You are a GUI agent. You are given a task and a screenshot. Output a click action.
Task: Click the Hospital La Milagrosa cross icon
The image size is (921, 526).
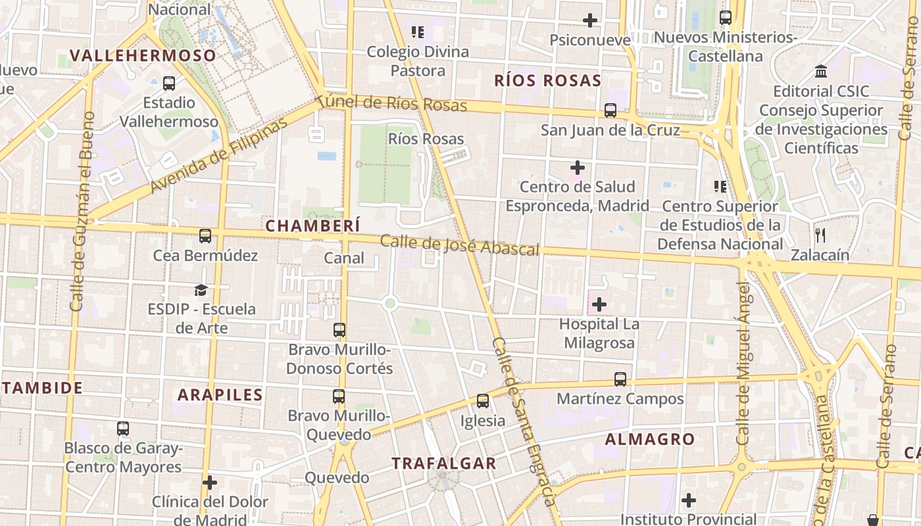click(x=599, y=304)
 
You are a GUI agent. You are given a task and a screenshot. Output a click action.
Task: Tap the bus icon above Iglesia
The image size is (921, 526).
click(x=483, y=400)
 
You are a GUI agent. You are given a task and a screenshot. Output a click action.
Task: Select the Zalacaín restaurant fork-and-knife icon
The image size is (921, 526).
click(x=820, y=235)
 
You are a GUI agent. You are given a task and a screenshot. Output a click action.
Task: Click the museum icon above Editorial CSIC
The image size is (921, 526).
click(x=821, y=71)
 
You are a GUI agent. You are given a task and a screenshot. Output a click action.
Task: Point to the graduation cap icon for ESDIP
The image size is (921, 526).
click(x=201, y=290)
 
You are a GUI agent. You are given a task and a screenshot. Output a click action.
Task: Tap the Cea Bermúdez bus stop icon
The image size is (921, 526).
click(x=205, y=236)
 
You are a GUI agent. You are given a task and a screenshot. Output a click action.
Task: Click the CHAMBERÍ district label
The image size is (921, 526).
click(x=312, y=226)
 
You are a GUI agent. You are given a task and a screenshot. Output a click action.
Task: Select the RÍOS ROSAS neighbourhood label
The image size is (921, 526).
click(x=547, y=81)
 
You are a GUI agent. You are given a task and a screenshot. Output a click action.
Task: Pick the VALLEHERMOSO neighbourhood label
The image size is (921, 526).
click(x=143, y=55)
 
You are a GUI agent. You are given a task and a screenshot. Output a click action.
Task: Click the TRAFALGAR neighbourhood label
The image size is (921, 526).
click(x=444, y=463)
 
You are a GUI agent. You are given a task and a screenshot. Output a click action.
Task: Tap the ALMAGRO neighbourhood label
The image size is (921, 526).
click(x=649, y=439)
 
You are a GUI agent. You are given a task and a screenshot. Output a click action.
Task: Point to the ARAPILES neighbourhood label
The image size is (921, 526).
click(x=220, y=394)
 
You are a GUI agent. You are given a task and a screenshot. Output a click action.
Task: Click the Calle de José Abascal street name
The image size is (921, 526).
click(x=459, y=245)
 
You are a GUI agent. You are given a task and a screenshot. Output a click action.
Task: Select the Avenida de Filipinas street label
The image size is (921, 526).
click(x=219, y=155)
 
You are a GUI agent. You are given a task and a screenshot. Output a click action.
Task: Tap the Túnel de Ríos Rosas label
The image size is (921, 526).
click(x=392, y=104)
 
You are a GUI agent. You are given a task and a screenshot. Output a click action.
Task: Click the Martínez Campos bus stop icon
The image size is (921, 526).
click(x=620, y=379)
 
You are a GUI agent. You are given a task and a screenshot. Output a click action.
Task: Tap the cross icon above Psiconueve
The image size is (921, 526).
click(x=590, y=20)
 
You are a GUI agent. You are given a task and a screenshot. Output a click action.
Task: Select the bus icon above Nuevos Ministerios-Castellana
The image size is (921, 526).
click(x=726, y=18)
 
